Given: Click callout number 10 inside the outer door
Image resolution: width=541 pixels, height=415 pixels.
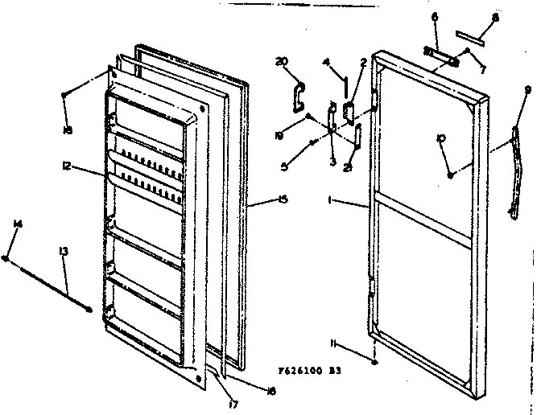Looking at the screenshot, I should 440,140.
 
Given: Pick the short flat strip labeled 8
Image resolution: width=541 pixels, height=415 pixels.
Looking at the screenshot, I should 469,35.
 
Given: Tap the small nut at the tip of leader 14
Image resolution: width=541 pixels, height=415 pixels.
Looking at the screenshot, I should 6,259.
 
